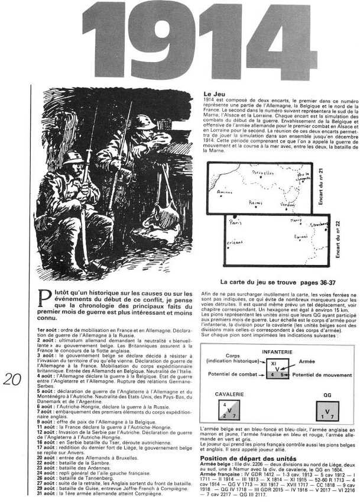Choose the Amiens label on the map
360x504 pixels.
click(223, 193)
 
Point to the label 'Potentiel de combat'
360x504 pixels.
click(235, 374)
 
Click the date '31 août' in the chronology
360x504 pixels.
click(47, 494)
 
